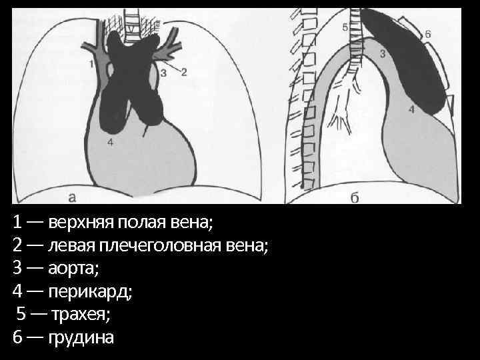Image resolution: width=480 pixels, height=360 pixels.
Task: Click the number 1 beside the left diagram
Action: click(x=90, y=63)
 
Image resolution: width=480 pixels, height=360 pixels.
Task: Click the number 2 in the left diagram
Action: click(x=185, y=71)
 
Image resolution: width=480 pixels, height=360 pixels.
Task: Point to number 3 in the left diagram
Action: click(x=163, y=72)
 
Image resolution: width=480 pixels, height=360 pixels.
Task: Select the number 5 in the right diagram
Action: click(x=345, y=27)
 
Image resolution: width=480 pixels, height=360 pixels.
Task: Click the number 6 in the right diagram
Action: click(x=427, y=33)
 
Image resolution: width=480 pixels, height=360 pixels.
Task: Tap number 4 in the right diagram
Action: click(x=411, y=109)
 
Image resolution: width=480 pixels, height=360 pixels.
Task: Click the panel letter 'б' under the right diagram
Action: click(x=355, y=197)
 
